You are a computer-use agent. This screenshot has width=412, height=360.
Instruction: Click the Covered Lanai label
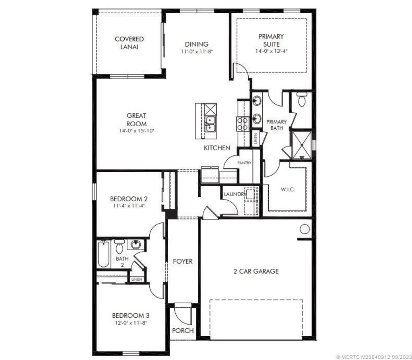pos(129,43)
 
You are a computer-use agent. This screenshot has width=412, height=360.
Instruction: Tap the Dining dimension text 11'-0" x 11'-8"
pos(196,51)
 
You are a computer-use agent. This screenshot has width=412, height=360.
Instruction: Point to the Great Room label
pos(136,119)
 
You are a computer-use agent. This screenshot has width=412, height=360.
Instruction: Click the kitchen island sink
pos(210,123)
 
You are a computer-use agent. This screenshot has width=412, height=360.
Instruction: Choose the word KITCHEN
pos(217,148)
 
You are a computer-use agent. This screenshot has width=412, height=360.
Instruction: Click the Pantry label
pos(244,163)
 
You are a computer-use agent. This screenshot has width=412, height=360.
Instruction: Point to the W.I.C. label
pos(287,189)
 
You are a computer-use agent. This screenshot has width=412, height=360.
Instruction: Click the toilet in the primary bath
pos(302,99)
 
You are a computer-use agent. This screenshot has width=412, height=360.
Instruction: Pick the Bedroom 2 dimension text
pos(129,205)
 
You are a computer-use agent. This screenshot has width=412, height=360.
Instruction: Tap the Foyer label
pos(183,261)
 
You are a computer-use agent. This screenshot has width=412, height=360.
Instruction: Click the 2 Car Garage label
pos(256,271)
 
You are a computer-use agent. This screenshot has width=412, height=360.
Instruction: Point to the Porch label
pos(183,331)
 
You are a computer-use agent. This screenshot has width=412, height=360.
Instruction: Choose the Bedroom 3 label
pos(131,315)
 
